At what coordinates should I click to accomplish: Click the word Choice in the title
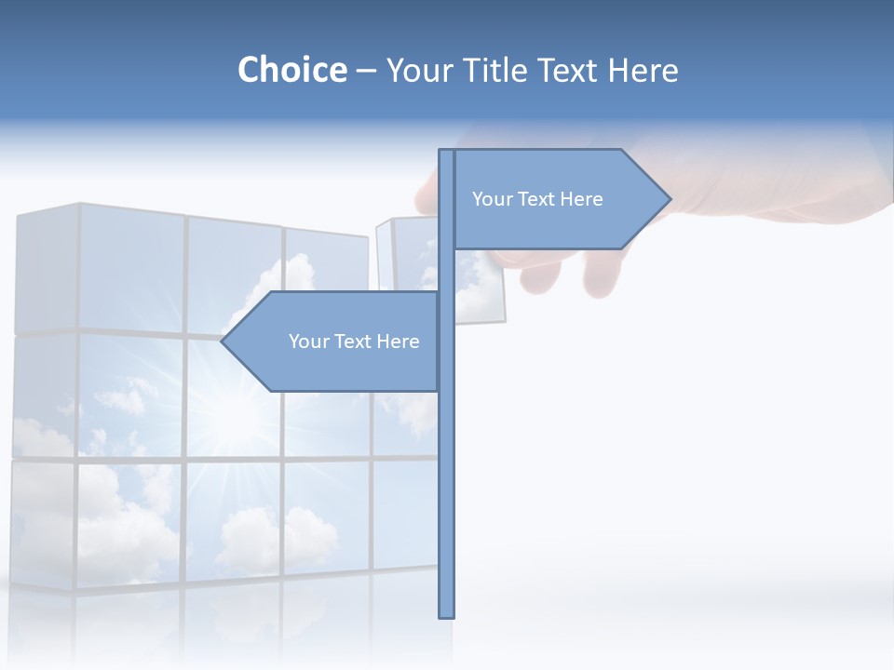coord(291,70)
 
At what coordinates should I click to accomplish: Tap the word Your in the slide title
coord(417,70)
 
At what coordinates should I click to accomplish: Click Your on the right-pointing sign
coord(492,199)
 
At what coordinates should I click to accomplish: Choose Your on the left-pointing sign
coord(308,342)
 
